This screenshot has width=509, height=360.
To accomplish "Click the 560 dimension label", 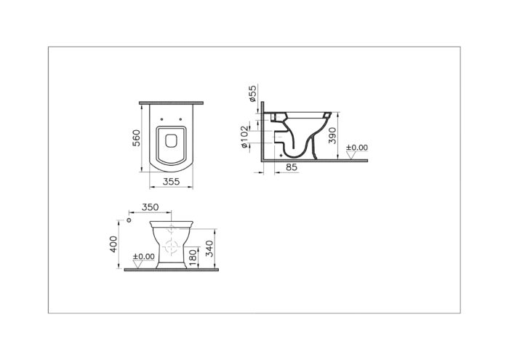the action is (x=137, y=138).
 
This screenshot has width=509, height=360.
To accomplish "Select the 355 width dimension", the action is (x=171, y=182).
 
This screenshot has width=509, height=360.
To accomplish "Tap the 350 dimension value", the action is (x=151, y=207).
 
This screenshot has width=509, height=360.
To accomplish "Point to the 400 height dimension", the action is (x=113, y=244).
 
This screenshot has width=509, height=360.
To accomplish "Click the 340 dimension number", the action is (x=209, y=249).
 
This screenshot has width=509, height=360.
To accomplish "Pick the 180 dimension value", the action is (x=193, y=257).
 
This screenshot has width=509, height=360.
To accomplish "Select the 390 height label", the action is (x=332, y=135).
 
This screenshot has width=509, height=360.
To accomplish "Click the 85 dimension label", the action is (x=292, y=167).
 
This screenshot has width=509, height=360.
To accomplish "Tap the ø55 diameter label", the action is (x=252, y=94).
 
